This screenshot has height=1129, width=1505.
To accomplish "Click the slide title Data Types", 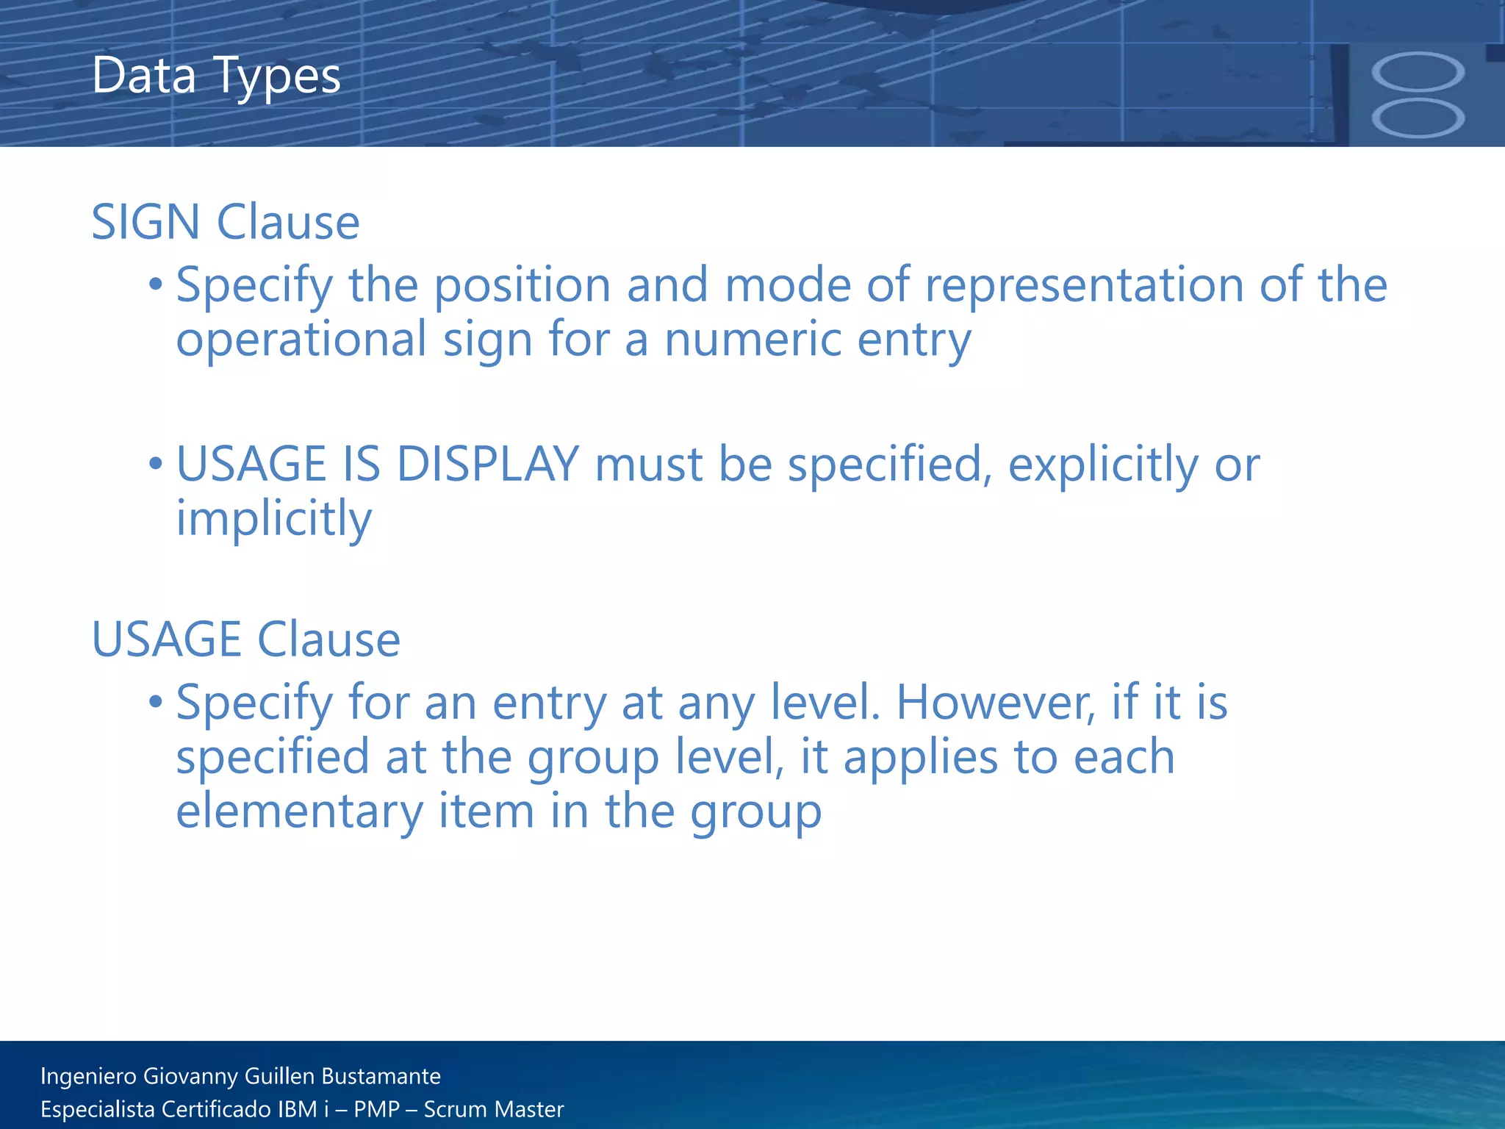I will click(x=216, y=76).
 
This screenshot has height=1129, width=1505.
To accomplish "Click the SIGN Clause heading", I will click(x=225, y=222).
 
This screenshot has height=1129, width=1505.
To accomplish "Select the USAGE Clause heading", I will click(x=245, y=639).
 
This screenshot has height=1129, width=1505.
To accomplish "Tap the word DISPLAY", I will click(x=487, y=465).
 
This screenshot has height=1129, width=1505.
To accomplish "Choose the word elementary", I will click(x=299, y=811).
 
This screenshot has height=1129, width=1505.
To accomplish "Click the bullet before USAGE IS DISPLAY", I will click(x=155, y=465).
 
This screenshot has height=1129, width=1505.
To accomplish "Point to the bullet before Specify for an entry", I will click(x=155, y=703).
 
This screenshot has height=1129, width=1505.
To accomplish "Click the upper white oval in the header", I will click(x=1418, y=73).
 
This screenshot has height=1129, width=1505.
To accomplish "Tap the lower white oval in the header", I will click(x=1418, y=118).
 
